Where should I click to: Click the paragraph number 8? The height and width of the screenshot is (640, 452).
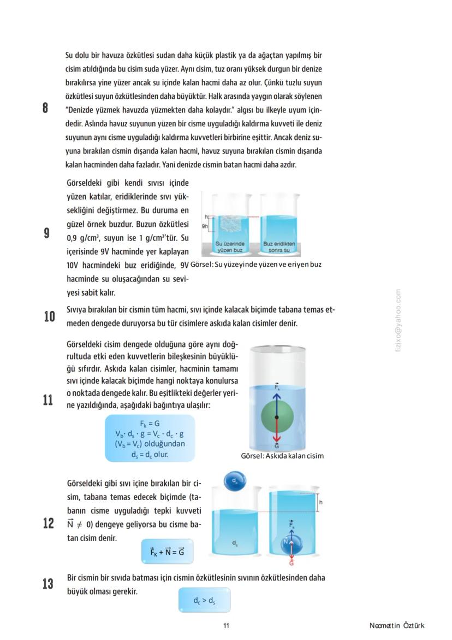tap(45, 108)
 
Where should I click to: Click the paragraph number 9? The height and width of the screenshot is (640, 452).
tap(46, 233)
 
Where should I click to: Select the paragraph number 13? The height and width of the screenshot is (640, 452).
tap(48, 584)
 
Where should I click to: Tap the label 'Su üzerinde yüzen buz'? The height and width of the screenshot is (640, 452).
tap(230, 247)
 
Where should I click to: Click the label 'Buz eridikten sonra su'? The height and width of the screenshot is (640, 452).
tap(279, 247)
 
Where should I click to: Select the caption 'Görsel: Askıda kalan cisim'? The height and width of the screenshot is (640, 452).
tap(282, 456)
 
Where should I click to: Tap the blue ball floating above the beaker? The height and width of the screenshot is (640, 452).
tap(235, 482)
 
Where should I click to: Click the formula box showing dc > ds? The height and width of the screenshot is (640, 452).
tap(204, 601)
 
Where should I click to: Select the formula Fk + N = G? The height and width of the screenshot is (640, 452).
tap(167, 553)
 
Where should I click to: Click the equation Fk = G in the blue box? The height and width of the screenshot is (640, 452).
tap(150, 424)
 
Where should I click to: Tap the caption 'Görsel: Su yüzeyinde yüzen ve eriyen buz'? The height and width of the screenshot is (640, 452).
tap(255, 265)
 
